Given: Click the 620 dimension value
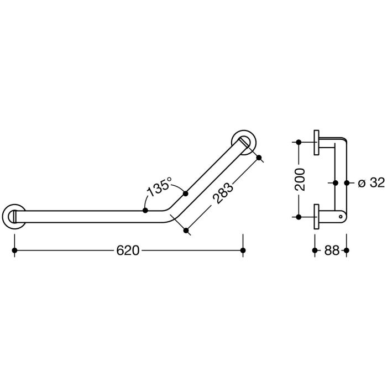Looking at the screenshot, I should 127,250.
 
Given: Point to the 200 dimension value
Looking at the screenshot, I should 300,179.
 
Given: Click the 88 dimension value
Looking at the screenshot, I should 331,250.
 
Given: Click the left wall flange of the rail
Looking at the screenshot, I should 14,216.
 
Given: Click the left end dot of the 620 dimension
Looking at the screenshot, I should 14,250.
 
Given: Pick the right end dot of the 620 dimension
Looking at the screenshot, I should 243,250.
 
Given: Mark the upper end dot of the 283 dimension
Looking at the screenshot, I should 259,158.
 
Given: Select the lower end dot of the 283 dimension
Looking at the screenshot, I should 186,230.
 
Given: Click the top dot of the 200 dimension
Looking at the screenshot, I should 299,142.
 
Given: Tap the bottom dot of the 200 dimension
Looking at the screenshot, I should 299,216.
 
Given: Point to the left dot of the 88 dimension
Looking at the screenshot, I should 315,250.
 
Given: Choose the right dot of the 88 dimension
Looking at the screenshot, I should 346,250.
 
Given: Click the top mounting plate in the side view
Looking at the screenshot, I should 316,142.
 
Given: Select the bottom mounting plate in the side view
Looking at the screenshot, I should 316,216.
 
